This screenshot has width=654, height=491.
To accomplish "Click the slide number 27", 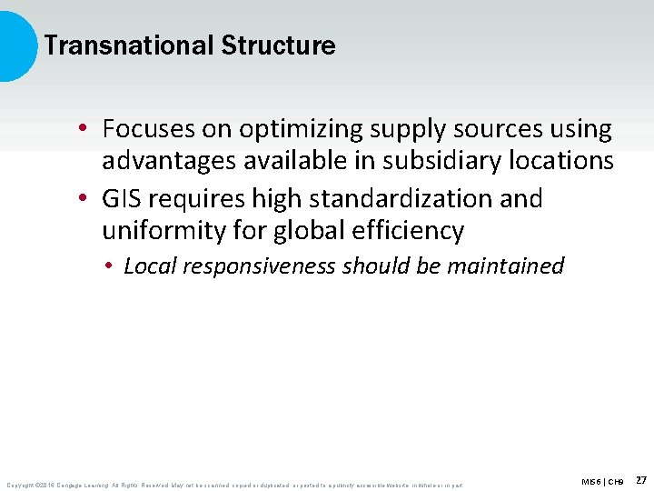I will (640, 479).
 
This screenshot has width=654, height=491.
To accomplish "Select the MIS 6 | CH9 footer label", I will (602, 480).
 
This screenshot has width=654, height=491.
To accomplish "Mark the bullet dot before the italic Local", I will (106, 266).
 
